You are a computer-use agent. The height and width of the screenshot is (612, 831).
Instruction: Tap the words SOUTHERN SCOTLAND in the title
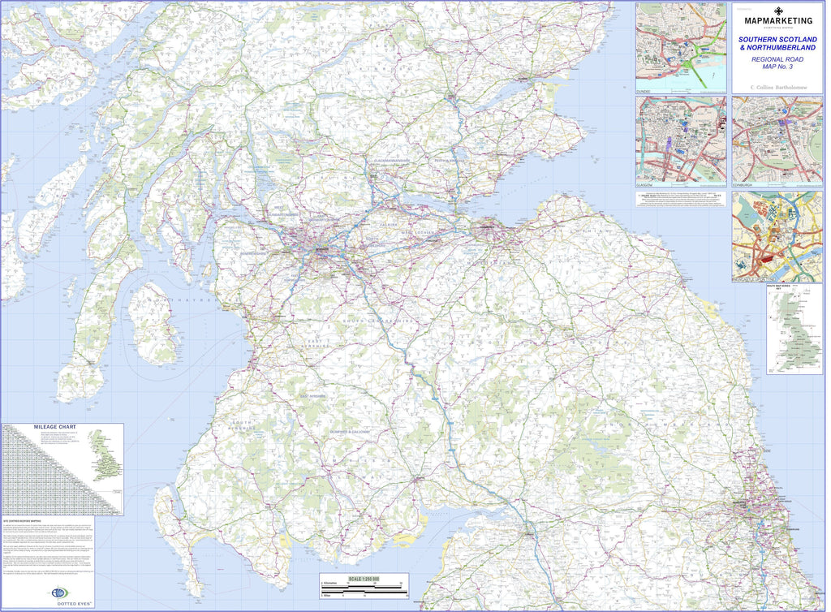pos(777,39)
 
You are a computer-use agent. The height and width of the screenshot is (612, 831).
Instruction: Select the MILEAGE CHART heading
pos(55,426)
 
